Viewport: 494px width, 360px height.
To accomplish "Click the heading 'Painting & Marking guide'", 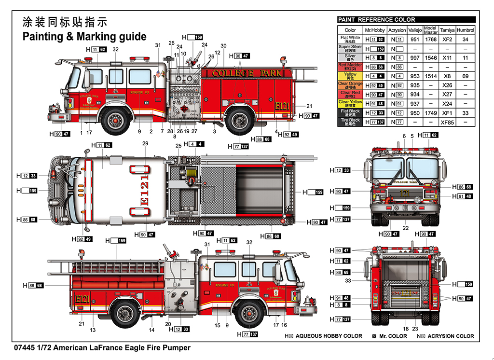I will pyautogui.click(x=84, y=37).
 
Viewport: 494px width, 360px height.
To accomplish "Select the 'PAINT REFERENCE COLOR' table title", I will pyautogui.click(x=376, y=20).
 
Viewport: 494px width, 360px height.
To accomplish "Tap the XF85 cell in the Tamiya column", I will pyautogui.click(x=447, y=123).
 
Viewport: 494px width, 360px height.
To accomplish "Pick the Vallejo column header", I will pyautogui.click(x=414, y=30).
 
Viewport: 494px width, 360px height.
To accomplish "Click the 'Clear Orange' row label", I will pyautogui.click(x=350, y=85).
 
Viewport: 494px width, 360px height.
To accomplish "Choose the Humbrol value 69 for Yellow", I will pyautogui.click(x=465, y=76).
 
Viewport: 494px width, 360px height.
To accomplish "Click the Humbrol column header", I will pyautogui.click(x=465, y=30).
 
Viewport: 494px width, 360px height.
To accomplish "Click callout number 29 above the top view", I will pyautogui.click(x=145, y=144).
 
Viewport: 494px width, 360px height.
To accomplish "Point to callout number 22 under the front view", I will pyautogui.click(x=406, y=228).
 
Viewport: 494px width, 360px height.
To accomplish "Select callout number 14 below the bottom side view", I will pyautogui.click(x=151, y=330).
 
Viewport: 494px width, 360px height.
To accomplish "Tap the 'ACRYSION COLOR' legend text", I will pyautogui.click(x=450, y=336).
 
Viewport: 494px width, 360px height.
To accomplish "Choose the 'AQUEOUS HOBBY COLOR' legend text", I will pyautogui.click(x=329, y=336).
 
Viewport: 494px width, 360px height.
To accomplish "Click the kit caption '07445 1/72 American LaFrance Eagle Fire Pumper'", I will pyautogui.click(x=102, y=347).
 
